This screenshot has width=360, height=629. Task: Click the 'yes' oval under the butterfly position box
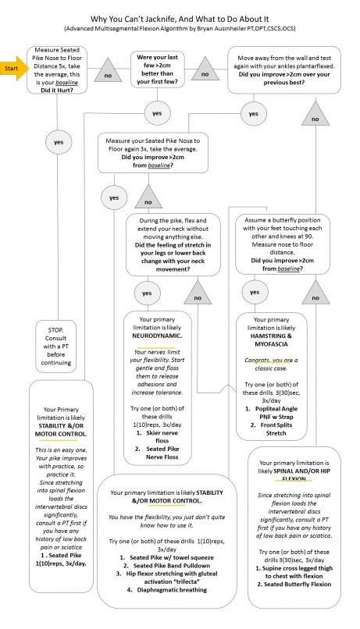tap(276, 290)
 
